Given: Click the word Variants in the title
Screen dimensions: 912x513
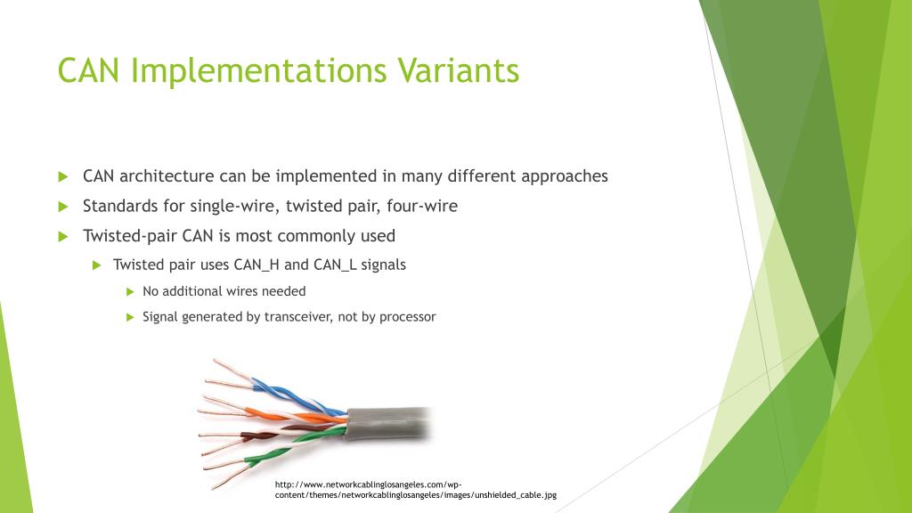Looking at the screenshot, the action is click(459, 71).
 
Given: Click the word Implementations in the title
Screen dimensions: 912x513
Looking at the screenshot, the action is click(259, 72).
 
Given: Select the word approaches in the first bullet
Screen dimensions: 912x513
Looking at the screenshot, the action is click(564, 177).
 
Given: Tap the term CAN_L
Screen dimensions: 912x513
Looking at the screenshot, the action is click(335, 265).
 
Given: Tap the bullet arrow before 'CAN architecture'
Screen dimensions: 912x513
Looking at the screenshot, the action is click(63, 177).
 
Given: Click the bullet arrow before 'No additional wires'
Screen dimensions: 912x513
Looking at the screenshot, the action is click(130, 292).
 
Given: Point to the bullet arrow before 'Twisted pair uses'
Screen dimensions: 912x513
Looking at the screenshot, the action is click(97, 265).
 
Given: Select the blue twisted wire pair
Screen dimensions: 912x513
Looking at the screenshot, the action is click(297, 396).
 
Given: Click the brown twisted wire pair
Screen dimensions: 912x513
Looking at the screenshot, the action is click(273, 434).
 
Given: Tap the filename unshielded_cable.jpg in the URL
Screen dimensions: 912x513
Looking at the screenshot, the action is click(516, 495).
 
